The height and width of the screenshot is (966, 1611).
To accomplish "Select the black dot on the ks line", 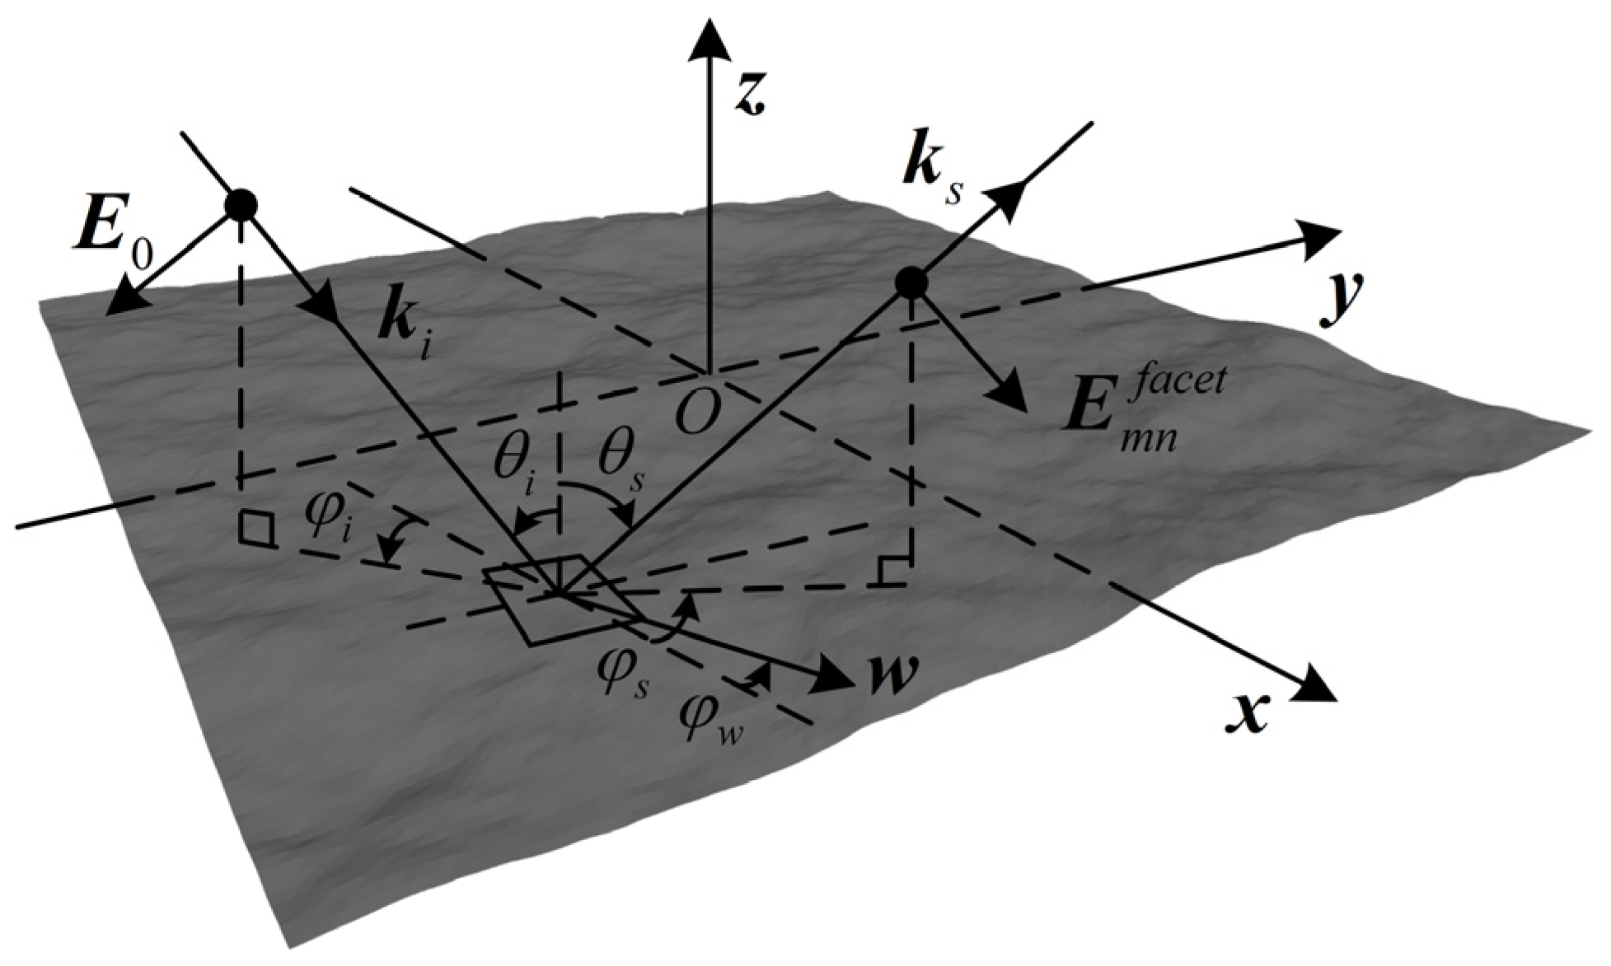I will click(911, 283).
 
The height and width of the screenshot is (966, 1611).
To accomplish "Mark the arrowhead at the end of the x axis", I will click(1310, 688).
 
